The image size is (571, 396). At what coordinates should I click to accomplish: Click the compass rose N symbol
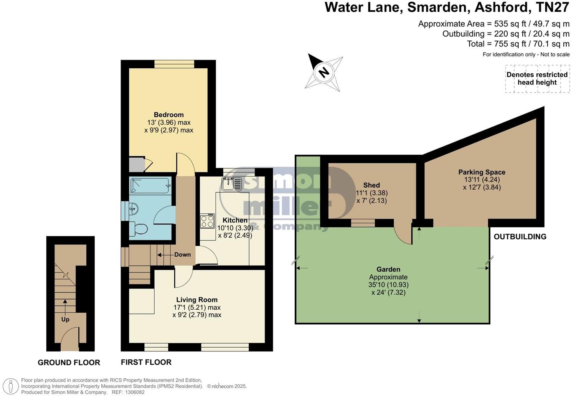pos(325,72)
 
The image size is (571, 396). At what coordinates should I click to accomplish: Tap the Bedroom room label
pos(168,115)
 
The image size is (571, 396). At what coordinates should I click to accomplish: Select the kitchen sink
pos(231,184)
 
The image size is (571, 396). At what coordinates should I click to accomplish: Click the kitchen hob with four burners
pos(207,221)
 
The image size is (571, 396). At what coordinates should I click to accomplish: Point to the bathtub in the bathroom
pos(150,185)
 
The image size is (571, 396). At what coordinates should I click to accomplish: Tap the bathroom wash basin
pos(133,210)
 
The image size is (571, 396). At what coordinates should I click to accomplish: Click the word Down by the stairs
pos(182,254)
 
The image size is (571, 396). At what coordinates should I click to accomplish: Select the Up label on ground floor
pos(65,319)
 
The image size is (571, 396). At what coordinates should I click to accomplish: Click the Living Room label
pos(197,300)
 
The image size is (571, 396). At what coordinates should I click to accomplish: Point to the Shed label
pos(371,185)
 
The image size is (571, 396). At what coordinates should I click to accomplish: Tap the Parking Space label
pos(482,172)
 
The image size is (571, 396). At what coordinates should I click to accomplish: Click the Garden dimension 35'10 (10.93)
pos(388,285)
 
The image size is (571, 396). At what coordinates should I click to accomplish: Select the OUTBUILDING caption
pos(520,237)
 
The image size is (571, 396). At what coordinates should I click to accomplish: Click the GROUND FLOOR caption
pos(69,363)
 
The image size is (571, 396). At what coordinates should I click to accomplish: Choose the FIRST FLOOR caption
pos(146,362)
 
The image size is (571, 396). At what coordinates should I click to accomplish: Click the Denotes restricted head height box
pos(536,79)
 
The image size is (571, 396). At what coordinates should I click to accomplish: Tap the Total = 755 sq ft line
pos(518,44)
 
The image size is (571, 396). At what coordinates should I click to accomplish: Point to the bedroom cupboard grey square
pos(135,165)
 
